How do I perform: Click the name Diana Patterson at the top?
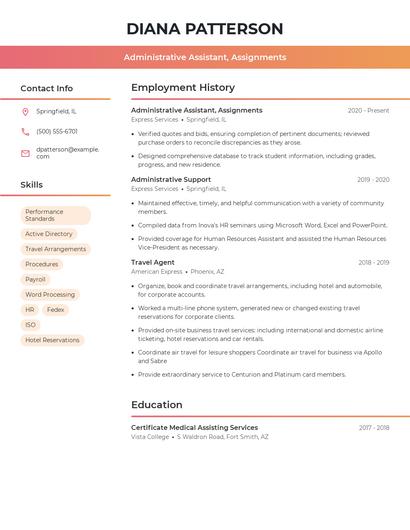(205, 28)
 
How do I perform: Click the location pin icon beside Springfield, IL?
(25, 111)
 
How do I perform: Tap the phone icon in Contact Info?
(25, 131)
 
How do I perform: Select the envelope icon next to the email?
(25, 152)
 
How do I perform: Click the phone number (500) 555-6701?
(57, 131)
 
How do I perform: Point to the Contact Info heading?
(47, 88)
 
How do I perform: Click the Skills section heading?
(32, 185)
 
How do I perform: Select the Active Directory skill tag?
(49, 234)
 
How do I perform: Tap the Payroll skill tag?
(36, 279)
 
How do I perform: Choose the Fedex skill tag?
(56, 310)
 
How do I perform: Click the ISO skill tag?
(30, 325)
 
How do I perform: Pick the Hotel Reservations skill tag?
(52, 340)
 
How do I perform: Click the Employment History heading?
(183, 88)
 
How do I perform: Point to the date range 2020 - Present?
(368, 110)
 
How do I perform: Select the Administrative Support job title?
(171, 179)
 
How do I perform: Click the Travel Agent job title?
(153, 262)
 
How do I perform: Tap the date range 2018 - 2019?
(373, 262)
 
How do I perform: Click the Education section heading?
(157, 405)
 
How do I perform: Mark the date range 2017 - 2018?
(374, 427)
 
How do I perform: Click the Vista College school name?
(150, 437)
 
